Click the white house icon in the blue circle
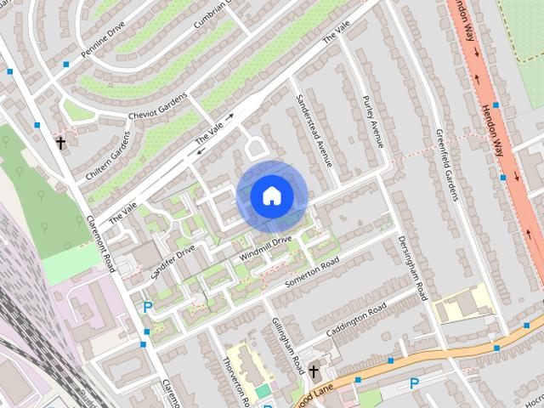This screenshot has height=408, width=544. [271, 196]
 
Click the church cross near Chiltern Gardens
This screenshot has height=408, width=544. [60, 143]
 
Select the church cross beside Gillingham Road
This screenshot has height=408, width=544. [314, 371]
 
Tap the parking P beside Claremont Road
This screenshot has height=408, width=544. [147, 308]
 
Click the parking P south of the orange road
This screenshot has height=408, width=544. [415, 383]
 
